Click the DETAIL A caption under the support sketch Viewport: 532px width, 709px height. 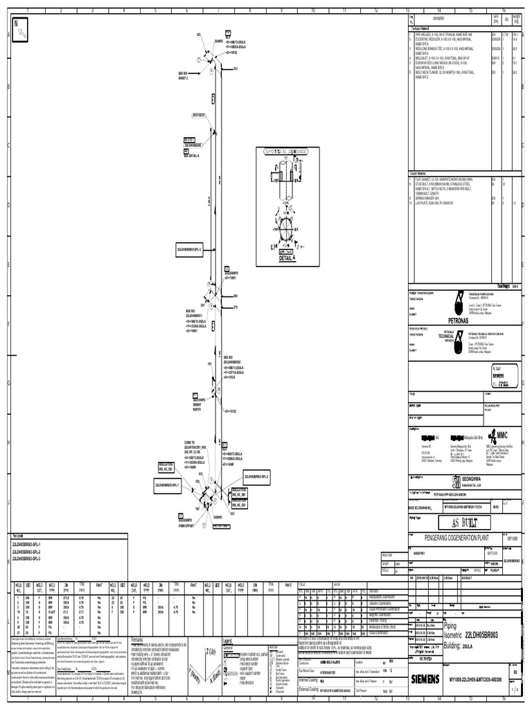coord(287,258)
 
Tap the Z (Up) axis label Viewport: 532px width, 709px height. coord(207,651)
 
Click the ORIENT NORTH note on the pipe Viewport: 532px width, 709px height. coord(200,404)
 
